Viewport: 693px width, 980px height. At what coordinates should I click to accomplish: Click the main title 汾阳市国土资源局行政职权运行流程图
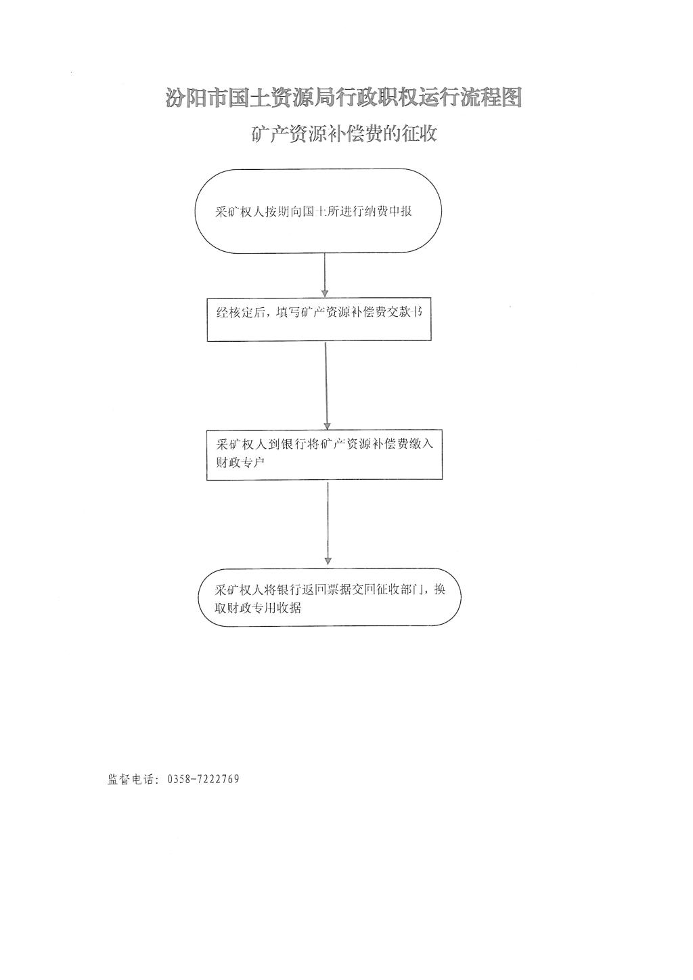click(x=344, y=97)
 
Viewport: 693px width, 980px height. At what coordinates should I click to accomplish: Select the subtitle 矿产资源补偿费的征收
click(x=344, y=133)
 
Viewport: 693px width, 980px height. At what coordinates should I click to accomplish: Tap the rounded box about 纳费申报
click(x=318, y=211)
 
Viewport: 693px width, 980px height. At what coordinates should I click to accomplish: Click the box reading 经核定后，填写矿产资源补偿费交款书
click(x=319, y=320)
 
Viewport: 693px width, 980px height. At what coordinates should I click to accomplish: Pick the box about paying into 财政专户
click(x=324, y=455)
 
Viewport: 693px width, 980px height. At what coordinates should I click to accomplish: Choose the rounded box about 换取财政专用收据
click(x=330, y=597)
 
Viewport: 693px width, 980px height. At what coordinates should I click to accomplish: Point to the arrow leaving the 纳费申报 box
click(x=325, y=275)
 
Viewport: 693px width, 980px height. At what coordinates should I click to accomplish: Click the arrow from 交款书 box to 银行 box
click(x=326, y=386)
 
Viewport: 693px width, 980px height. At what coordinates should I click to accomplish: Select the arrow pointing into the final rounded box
click(x=328, y=522)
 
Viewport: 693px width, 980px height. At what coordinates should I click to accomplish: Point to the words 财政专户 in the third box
click(x=240, y=462)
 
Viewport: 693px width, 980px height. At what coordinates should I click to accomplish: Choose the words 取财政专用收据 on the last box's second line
click(x=258, y=608)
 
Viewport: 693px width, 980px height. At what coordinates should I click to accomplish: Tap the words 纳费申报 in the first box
click(x=388, y=212)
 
